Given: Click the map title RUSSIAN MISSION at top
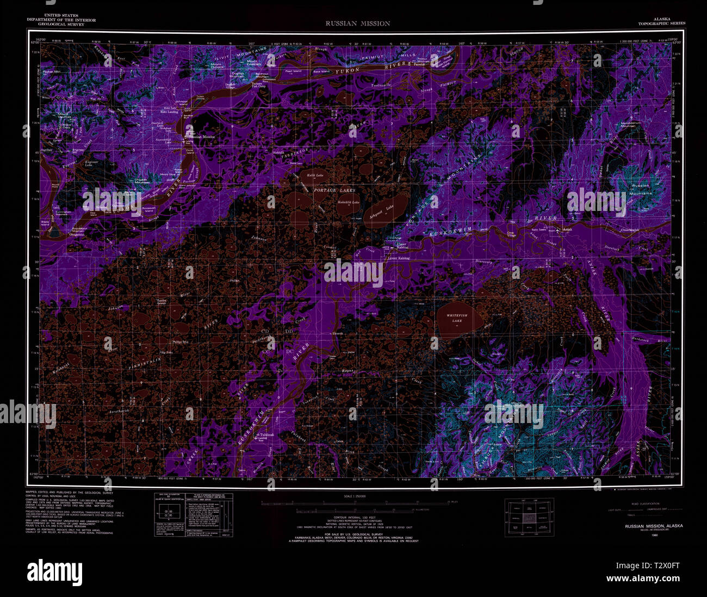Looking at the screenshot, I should [358, 23].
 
